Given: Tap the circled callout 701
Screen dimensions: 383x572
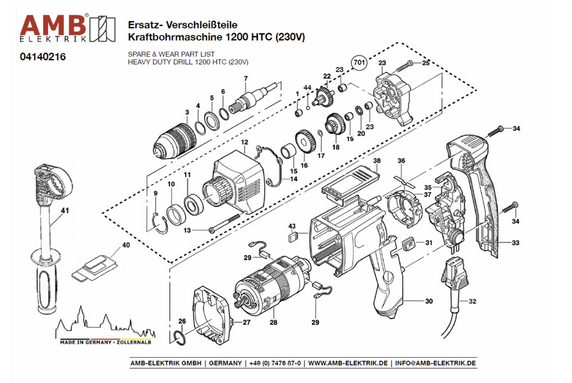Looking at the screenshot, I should (359, 62).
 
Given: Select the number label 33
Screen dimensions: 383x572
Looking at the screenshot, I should (515, 243).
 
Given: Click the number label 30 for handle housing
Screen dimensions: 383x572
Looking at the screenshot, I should (429, 301).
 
